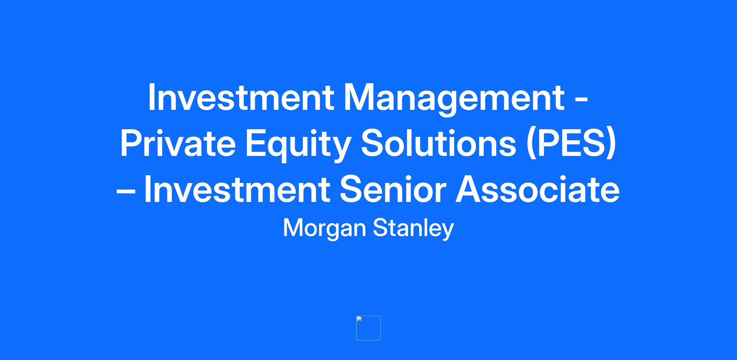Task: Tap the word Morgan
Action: click(325, 229)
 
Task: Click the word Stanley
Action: click(413, 229)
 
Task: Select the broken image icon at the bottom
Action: click(368, 328)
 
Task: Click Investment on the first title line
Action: click(241, 97)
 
